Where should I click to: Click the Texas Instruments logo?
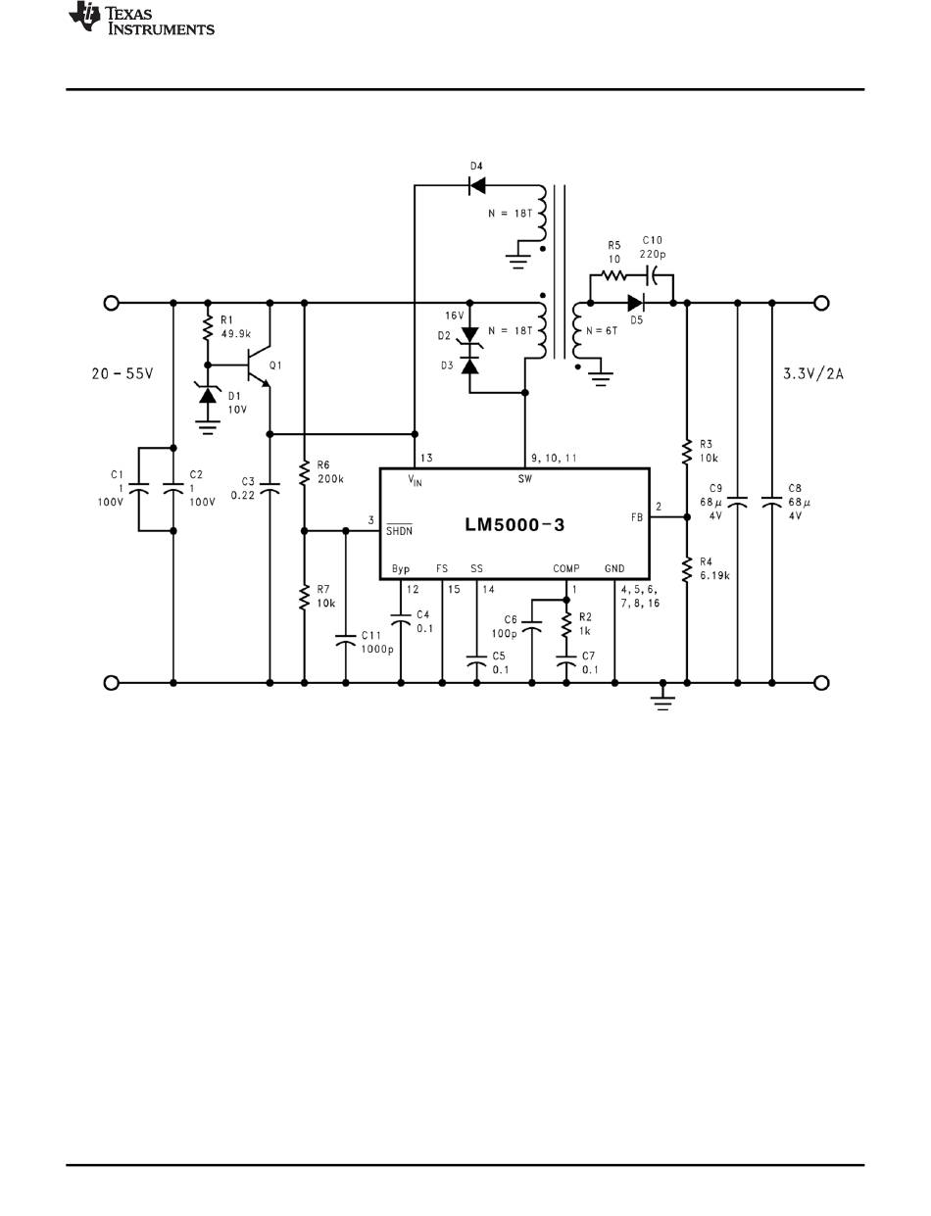(141, 19)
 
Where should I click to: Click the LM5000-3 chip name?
(514, 525)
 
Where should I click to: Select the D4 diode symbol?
(476, 185)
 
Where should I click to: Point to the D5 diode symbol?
(636, 303)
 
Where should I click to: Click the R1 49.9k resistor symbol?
(208, 328)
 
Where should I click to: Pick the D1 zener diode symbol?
(208, 395)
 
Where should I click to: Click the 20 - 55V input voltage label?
(122, 373)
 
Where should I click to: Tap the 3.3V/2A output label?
(813, 373)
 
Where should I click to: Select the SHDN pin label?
(399, 529)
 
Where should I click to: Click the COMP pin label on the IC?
(565, 568)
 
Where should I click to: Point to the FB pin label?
(637, 517)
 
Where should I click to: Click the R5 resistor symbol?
(613, 274)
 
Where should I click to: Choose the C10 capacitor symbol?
(652, 274)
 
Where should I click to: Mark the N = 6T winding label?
(602, 331)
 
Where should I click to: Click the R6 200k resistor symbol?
(305, 473)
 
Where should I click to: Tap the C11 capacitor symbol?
(346, 641)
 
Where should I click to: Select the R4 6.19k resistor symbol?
(687, 569)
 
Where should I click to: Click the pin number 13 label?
(426, 458)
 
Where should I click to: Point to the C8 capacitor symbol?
(772, 502)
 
